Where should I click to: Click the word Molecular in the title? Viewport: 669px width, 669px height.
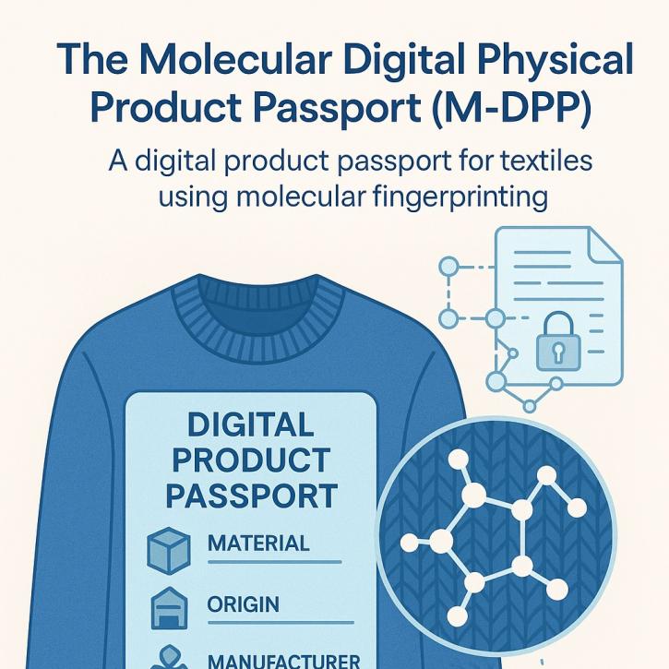point(235,59)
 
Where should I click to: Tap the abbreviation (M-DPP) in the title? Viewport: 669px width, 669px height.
point(512,108)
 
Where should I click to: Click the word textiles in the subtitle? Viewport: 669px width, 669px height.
point(546,161)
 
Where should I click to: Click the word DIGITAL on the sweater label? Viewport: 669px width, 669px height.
point(251,424)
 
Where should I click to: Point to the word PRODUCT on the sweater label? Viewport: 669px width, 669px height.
point(251,460)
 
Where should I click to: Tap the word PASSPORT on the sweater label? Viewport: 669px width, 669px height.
point(251,496)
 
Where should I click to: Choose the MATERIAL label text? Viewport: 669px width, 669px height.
point(258,544)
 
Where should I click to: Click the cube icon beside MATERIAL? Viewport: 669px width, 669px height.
point(169,551)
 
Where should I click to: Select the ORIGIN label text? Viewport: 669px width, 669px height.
point(244,604)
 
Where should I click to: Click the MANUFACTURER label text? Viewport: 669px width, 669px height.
point(283,661)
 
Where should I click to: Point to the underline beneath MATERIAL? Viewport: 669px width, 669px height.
point(275,562)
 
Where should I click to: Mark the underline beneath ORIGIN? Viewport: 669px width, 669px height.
point(281,623)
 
